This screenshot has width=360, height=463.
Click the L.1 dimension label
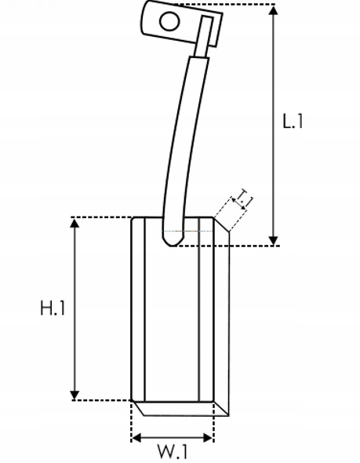[x=293, y=121]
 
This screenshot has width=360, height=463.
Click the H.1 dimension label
[x=53, y=308]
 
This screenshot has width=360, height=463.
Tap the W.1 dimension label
[x=173, y=451]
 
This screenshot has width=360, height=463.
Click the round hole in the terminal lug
[x=169, y=21]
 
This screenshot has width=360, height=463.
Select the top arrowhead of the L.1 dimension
[x=274, y=11]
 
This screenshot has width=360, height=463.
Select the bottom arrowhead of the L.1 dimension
[x=274, y=240]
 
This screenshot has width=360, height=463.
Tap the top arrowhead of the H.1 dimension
[x=75, y=223]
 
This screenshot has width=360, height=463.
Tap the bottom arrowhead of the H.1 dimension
[x=75, y=395]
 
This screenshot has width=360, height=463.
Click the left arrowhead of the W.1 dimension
[x=136, y=438]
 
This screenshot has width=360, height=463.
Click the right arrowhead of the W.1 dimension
[x=208, y=438]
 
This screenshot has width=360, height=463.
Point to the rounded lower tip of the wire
[x=172, y=241]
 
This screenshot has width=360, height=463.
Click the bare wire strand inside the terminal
[x=204, y=36]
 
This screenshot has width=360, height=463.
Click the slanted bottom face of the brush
[x=181, y=409]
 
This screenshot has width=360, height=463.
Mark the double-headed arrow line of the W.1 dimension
[x=173, y=438]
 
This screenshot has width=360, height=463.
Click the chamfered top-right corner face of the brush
[x=221, y=224]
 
